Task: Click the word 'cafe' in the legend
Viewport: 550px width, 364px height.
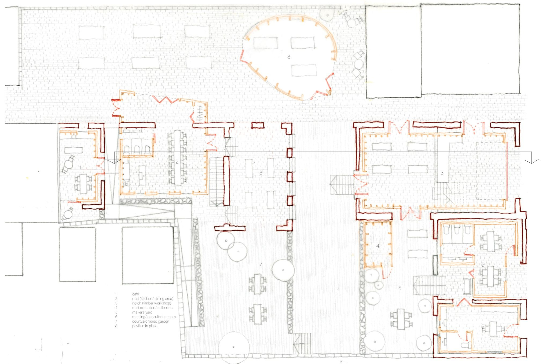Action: click(x=135, y=294)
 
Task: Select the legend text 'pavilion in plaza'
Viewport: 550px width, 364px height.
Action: click(x=145, y=326)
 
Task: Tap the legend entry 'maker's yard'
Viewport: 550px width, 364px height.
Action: click(x=142, y=312)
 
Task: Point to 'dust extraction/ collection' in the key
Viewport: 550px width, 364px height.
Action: click(x=152, y=308)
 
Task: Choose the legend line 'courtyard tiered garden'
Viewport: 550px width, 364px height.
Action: click(x=151, y=321)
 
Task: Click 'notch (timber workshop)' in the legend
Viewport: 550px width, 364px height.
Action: click(x=152, y=303)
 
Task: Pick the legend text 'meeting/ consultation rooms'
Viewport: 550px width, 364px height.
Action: click(x=155, y=317)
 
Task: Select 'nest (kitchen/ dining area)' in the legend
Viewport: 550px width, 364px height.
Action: click(x=152, y=299)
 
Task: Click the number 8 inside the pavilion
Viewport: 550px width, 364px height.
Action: click(x=289, y=57)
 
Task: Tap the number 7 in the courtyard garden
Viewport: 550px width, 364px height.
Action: click(x=261, y=265)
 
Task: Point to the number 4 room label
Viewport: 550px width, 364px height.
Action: click(x=378, y=246)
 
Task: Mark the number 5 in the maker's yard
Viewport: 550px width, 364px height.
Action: click(x=400, y=288)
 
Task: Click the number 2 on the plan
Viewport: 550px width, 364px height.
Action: click(x=177, y=162)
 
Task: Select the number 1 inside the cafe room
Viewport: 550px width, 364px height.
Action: click(x=80, y=168)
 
